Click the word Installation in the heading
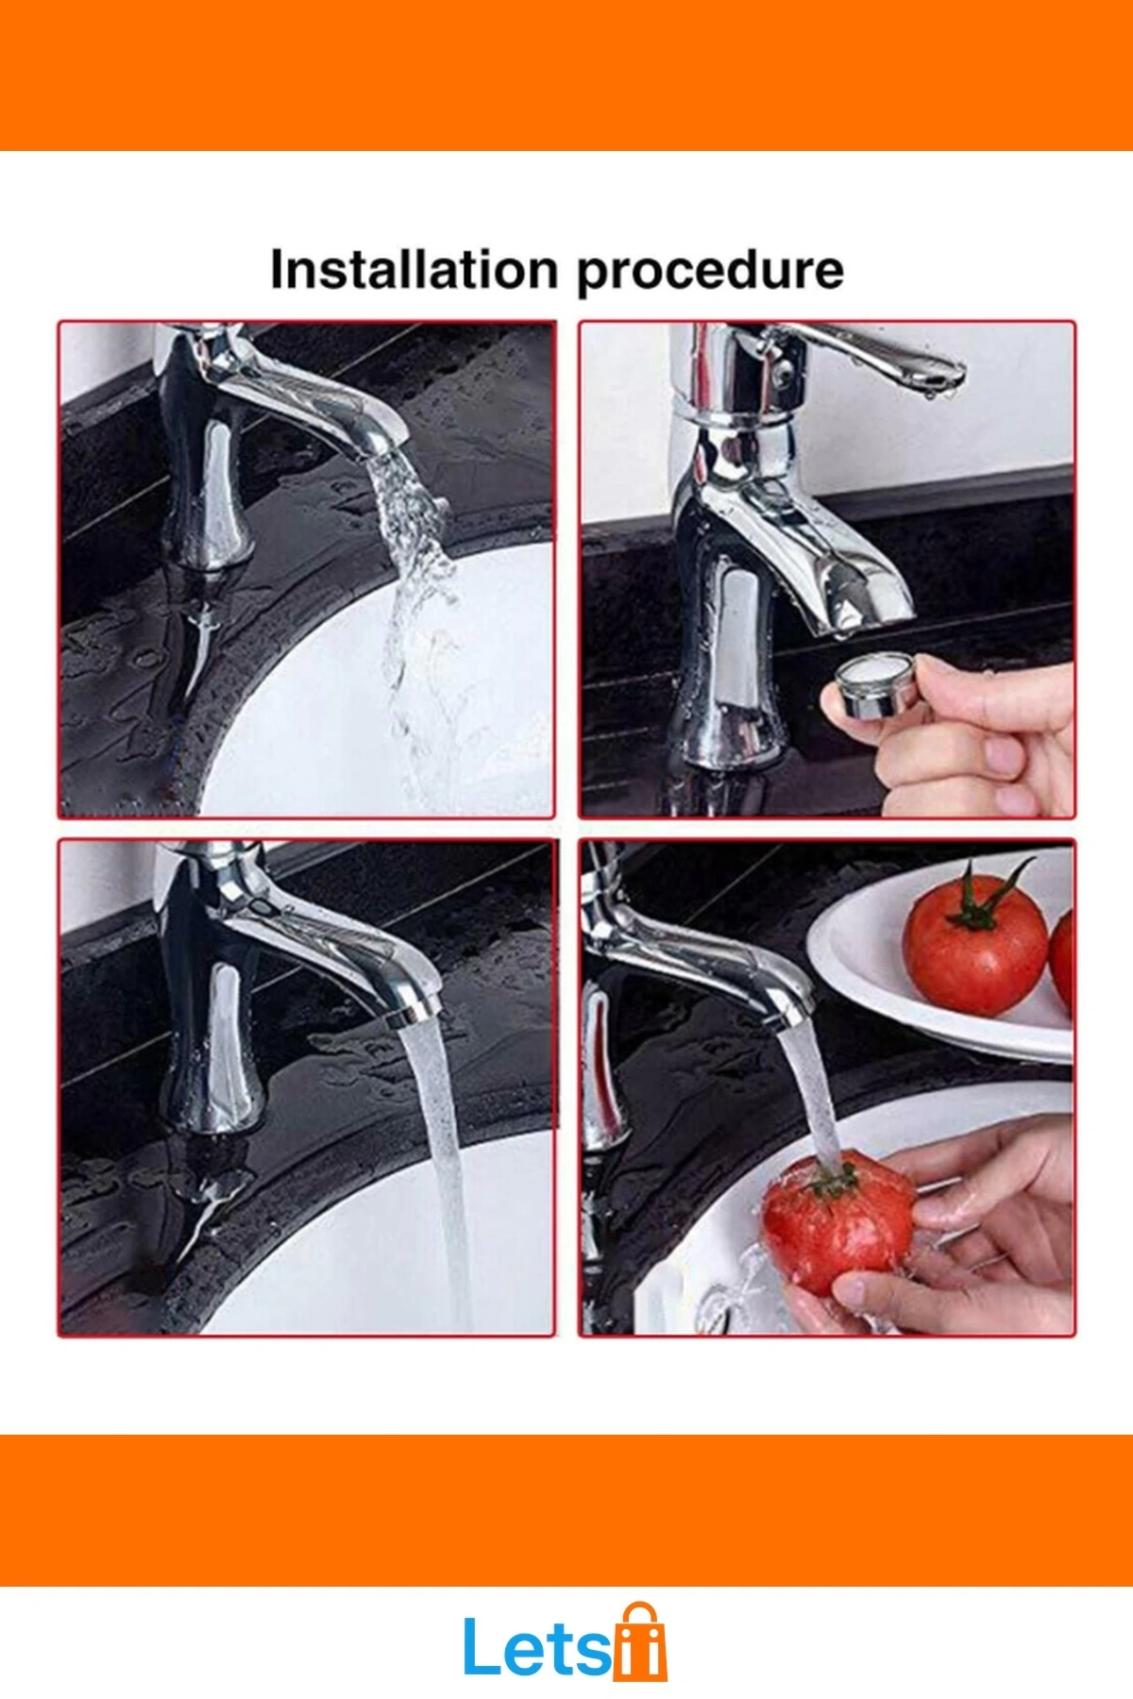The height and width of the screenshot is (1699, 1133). [x=414, y=270]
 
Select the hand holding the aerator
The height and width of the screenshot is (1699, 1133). [x=972, y=736]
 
